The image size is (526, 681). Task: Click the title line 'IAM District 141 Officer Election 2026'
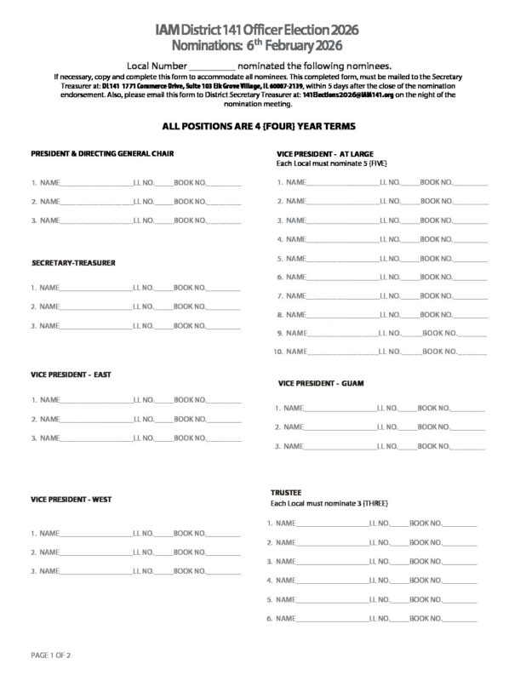tap(263, 30)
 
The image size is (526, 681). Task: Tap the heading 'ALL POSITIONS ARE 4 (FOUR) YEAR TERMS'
tap(263, 124)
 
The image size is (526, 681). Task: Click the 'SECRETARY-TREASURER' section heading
tap(73, 262)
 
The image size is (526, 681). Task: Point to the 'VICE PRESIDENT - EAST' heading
tap(71, 374)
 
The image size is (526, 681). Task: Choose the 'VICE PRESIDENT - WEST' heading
tap(72, 498)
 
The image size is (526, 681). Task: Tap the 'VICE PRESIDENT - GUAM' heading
tap(321, 383)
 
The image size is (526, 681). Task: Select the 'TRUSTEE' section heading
tap(285, 492)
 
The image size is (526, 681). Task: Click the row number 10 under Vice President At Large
tap(277, 352)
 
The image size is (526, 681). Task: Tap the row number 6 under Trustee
tap(269, 618)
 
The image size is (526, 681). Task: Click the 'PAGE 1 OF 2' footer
tap(50, 655)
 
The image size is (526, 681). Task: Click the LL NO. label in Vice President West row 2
tap(143, 552)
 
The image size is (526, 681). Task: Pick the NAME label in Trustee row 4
tap(286, 581)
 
